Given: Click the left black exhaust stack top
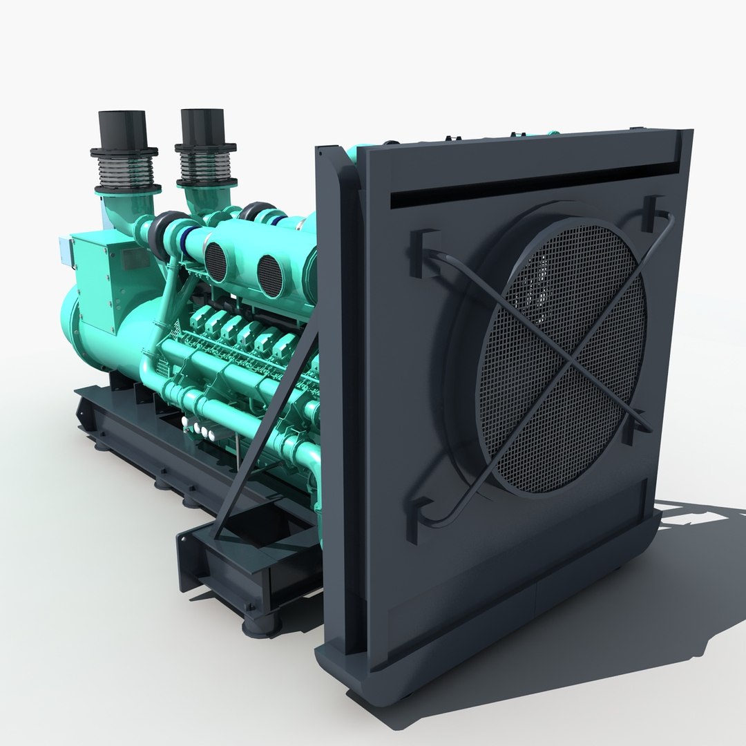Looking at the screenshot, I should point(122,128).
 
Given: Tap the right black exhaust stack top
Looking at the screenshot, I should point(204,126).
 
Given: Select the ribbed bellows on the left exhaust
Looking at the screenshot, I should point(127,169).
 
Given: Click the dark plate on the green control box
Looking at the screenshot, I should point(132,259).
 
